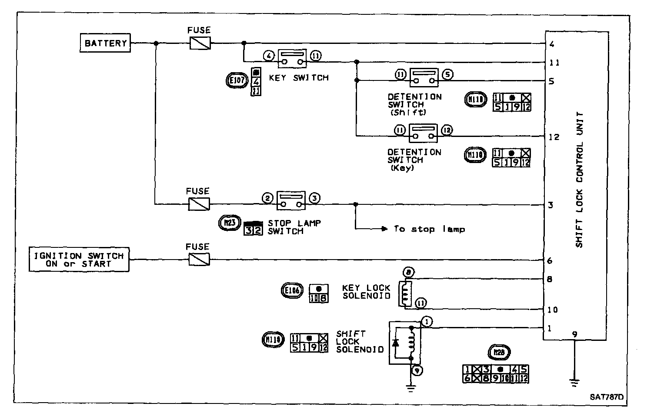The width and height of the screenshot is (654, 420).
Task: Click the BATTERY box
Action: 105,43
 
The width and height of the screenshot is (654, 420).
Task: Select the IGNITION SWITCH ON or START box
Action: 79,260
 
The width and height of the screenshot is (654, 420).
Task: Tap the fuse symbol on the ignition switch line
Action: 199,260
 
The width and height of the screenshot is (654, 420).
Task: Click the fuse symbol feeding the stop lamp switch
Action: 199,204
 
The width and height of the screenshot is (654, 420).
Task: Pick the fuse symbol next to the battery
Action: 200,43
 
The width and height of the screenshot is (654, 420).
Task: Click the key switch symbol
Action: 292,58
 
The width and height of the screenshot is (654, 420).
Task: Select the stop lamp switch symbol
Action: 291,200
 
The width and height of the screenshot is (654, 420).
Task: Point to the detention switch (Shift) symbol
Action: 423,77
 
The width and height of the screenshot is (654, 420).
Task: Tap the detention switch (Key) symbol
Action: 423,133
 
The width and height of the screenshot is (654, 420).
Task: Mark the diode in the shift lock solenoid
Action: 395,342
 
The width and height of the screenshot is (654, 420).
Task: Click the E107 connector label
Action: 237,80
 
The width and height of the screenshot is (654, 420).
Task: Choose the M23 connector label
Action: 229,223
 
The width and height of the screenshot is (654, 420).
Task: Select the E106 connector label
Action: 292,290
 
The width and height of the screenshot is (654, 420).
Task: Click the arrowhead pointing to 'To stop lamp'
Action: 384,229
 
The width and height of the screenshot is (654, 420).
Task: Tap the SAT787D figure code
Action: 607,397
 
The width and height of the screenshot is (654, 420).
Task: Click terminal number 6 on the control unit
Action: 550,260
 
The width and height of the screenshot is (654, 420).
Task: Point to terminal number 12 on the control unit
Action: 554,137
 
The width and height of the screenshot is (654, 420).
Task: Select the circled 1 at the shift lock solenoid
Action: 427,322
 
